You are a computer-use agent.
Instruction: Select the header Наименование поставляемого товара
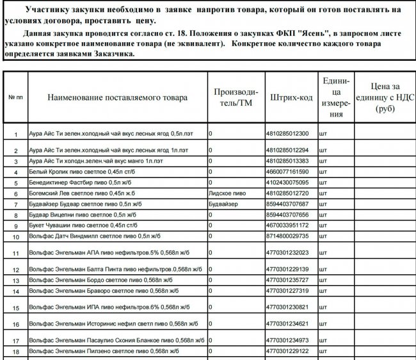pyautogui.click(x=117, y=97)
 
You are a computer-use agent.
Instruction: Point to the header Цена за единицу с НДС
pyautogui.click(x=383, y=97)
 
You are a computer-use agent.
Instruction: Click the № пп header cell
pyautogui.click(x=15, y=97)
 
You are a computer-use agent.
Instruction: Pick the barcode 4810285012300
pyautogui.click(x=287, y=134)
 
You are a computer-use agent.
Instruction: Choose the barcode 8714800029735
pyautogui.click(x=287, y=237)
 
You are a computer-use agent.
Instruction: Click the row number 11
pyautogui.click(x=16, y=254)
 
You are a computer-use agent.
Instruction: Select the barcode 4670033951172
pyautogui.click(x=287, y=225)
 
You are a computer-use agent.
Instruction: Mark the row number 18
pyautogui.click(x=16, y=352)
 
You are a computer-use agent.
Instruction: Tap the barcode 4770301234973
pyautogui.click(x=287, y=340)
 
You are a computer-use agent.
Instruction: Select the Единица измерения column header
pyautogui.click(x=335, y=97)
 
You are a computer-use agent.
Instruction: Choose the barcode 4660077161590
pyautogui.click(x=287, y=172)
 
